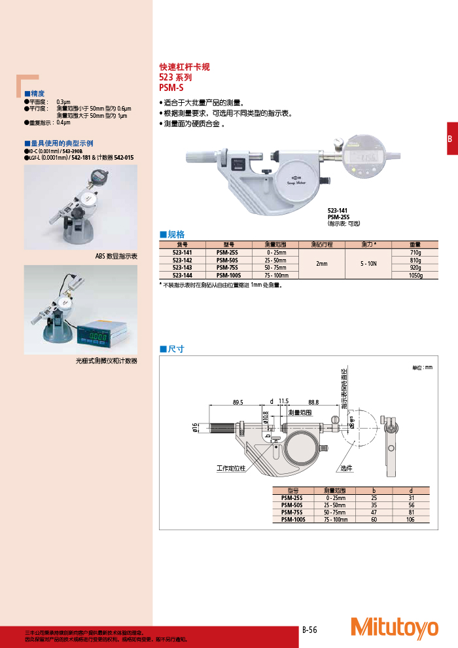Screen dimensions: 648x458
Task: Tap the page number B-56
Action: pyautogui.click(x=309, y=630)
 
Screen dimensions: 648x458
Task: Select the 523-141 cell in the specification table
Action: pyautogui.click(x=182, y=252)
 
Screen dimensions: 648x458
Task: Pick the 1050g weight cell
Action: pyautogui.click(x=415, y=276)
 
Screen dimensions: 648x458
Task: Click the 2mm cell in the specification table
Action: pyautogui.click(x=321, y=264)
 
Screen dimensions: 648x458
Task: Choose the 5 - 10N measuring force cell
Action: pyautogui.click(x=368, y=264)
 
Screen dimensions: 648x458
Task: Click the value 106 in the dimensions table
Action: pyautogui.click(x=410, y=518)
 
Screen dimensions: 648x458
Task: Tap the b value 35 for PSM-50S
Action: pyautogui.click(x=374, y=505)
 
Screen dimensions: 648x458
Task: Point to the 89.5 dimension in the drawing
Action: pyautogui.click(x=238, y=402)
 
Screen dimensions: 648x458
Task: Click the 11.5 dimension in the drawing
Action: pyautogui.click(x=283, y=402)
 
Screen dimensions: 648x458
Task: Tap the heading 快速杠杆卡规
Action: pyautogui.click(x=185, y=67)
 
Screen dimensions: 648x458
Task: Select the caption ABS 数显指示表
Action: pyautogui.click(x=116, y=257)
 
